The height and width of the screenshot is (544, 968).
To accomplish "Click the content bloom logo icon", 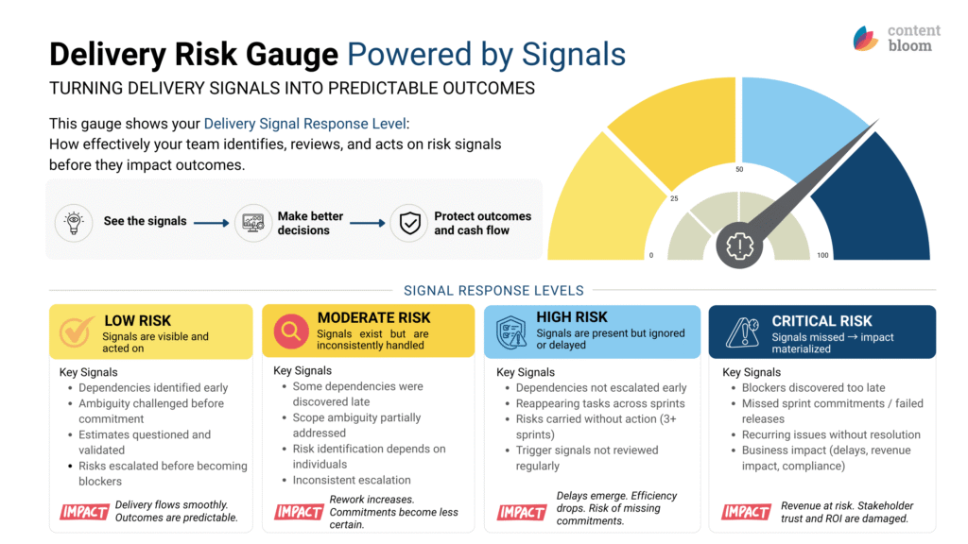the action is (866, 38).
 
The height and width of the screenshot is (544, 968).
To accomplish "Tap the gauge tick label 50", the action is (739, 169).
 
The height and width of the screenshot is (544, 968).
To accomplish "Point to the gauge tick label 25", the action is (674, 198).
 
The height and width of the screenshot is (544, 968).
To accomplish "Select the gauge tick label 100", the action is (823, 255).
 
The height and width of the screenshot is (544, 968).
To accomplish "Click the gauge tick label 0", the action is (651, 255).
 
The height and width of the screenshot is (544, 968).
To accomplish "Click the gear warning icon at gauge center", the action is (739, 246).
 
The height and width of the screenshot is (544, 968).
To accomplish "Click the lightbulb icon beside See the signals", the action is (74, 223).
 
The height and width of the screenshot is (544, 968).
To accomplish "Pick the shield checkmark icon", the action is (409, 223).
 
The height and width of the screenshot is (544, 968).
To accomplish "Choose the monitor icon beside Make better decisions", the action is (253, 223).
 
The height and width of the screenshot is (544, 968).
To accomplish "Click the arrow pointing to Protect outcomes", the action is (368, 223).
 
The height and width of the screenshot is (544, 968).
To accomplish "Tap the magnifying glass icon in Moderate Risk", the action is (291, 331).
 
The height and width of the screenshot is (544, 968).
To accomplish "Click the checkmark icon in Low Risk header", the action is (77, 331).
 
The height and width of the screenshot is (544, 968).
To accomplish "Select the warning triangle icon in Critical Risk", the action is (743, 332).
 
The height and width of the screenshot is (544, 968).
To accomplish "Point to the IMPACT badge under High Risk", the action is (522, 512).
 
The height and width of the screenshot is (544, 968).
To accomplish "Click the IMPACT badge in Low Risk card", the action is (84, 512).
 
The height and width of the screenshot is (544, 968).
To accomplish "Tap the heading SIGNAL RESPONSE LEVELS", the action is (493, 291).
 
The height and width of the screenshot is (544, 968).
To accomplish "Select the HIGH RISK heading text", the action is (572, 317).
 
